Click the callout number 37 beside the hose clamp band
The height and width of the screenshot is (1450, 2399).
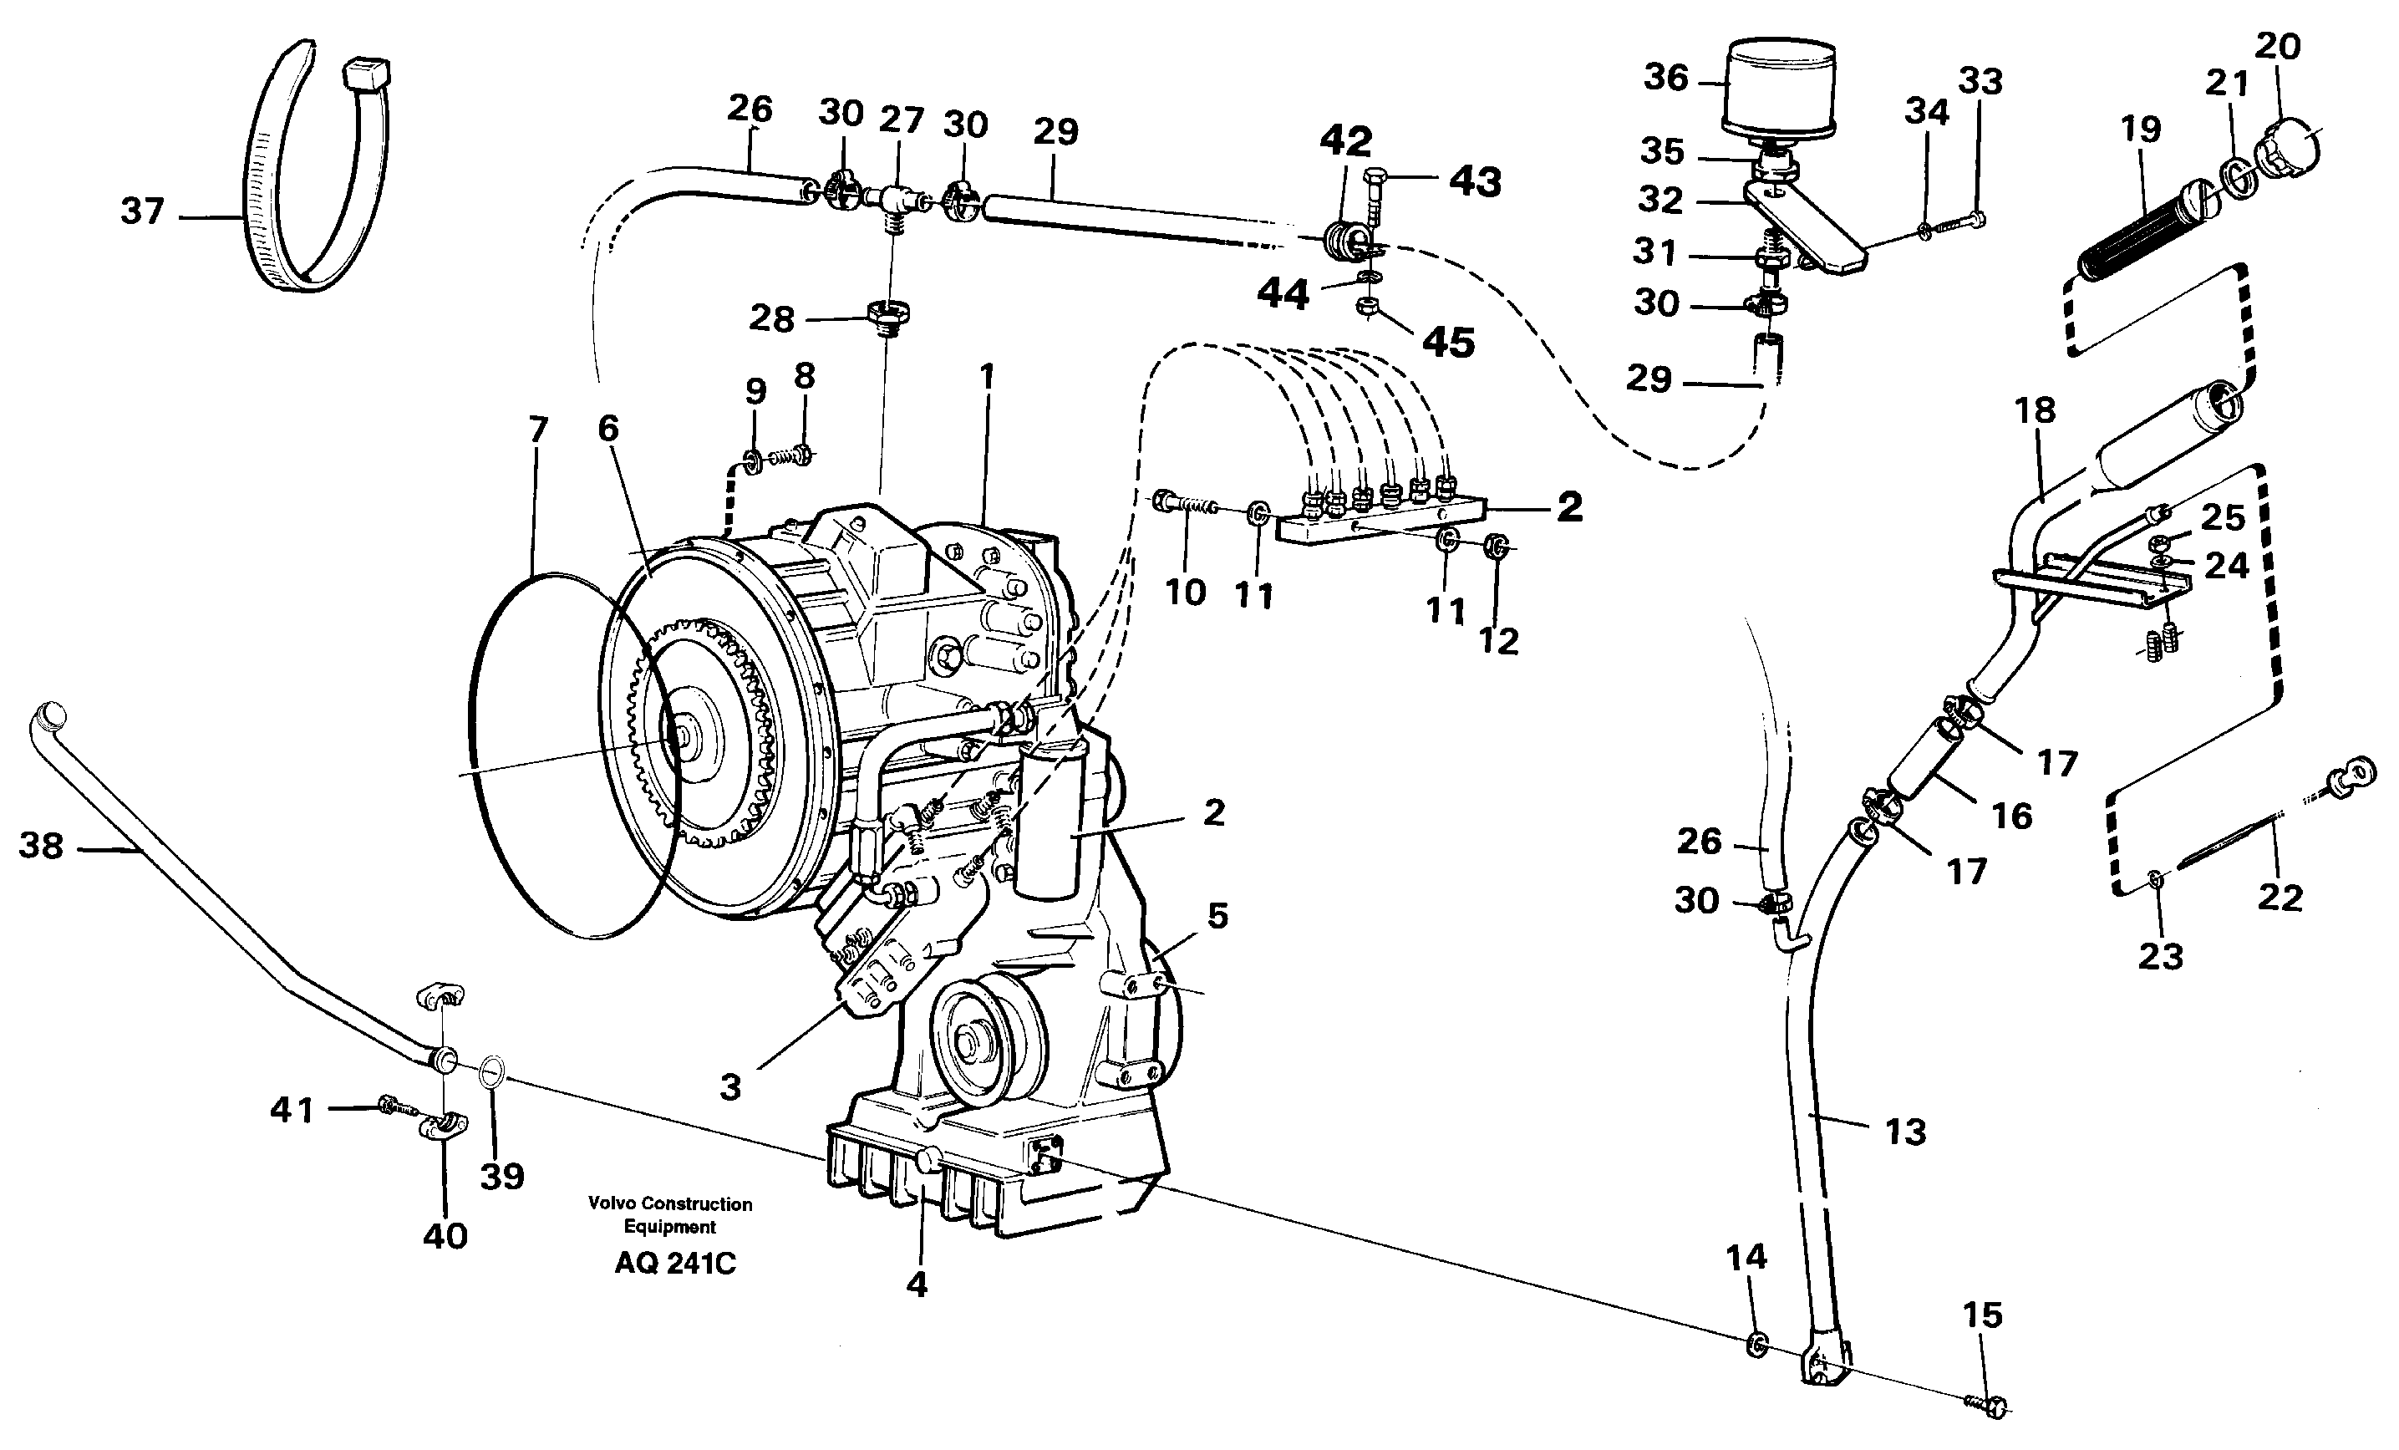coord(141,211)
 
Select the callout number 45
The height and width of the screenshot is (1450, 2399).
coord(1449,342)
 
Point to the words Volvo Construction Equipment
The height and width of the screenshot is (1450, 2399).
coord(670,1214)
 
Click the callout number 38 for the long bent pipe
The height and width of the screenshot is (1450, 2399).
coord(41,845)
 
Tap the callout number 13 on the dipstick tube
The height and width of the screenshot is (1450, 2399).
coord(1905,1132)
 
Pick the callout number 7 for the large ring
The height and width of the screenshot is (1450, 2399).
coord(538,430)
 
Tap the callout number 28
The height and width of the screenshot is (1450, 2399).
coord(771,318)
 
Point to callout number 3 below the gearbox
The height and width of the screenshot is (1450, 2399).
coord(730,1086)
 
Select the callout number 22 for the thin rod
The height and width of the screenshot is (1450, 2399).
coord(2280,897)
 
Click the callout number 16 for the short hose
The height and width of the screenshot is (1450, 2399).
coord(2011,815)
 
